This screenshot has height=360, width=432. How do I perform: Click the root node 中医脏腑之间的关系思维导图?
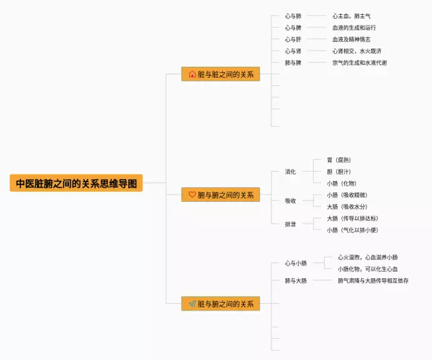76,183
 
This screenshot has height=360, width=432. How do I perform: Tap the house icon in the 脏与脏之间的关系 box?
192,74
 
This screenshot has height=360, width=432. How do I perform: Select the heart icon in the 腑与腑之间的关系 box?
192,195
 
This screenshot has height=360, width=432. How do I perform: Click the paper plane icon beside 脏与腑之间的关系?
192,304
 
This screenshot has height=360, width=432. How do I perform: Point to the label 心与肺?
293,16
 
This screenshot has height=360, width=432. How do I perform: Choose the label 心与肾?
293,51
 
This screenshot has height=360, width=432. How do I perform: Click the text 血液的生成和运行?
354,28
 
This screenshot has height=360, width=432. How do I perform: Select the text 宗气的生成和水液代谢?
359,63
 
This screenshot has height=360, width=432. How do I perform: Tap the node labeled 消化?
290,172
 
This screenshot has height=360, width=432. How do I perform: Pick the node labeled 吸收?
290,201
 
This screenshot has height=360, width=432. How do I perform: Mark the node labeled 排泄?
290,224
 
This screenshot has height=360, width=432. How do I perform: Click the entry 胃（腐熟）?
339,160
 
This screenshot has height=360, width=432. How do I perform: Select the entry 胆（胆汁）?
339,172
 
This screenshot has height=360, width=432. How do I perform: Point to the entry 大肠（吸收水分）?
347,207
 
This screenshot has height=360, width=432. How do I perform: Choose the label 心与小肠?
296,263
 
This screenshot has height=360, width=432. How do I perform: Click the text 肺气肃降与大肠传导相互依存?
373,280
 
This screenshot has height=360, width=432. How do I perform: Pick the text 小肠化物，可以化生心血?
368,269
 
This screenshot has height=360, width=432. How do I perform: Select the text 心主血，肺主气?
351,16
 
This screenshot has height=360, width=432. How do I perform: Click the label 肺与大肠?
296,280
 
